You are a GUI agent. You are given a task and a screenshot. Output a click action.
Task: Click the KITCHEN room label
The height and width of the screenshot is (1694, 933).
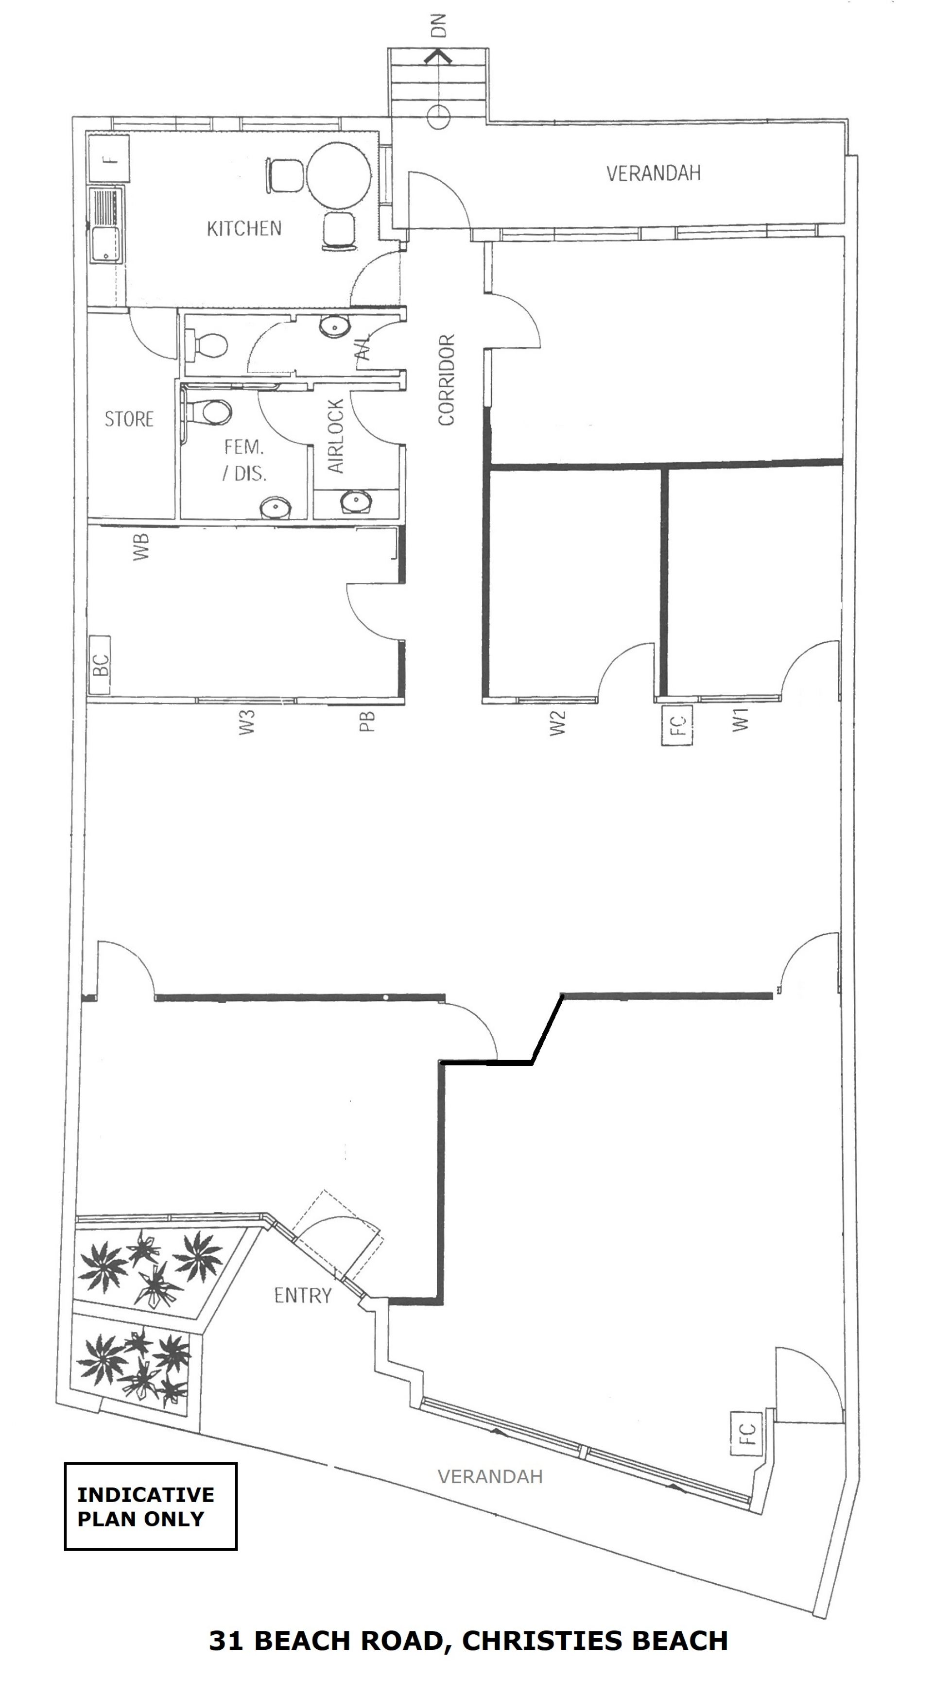point(244,228)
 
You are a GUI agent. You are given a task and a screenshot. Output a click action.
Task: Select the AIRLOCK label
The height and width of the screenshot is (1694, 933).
point(336,435)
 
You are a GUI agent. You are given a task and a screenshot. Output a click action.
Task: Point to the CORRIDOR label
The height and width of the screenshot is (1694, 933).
point(447,379)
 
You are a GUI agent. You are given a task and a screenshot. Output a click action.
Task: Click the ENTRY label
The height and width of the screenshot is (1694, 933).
point(303,1296)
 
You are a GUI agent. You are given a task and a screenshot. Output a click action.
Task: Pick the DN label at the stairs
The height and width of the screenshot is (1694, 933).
point(438,26)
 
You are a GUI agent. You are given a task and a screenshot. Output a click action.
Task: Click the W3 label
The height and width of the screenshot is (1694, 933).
point(247,722)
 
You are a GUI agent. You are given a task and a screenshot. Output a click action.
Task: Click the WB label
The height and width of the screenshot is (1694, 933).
point(141,547)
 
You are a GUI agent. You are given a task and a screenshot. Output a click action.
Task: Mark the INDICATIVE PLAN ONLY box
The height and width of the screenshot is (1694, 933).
point(151,1506)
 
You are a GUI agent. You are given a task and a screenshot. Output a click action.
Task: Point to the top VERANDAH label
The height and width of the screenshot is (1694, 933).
point(654,173)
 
